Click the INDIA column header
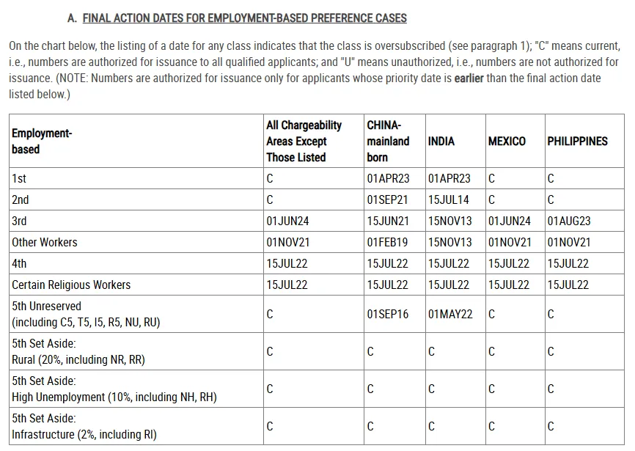441,142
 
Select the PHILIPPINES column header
577,142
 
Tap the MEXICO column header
507,142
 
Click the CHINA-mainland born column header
388,142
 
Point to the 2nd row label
21,199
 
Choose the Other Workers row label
44,242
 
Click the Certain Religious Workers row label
71,285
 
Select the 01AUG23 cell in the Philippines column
568,221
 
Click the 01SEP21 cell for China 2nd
388,199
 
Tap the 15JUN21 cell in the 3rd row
388,221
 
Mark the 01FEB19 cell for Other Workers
388,242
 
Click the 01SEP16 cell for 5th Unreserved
388,314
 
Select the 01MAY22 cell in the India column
450,314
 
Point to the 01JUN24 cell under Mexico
510,221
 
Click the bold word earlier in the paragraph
469,78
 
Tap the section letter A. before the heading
72,18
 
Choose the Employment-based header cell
42,142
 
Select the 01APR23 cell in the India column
449,178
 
